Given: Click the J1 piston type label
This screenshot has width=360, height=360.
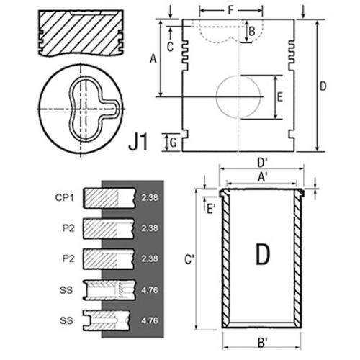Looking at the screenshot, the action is pos(138,142).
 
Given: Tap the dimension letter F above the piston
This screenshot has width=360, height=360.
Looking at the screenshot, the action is pos(230,10).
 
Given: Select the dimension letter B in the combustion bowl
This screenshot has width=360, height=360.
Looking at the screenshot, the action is pos(252,32).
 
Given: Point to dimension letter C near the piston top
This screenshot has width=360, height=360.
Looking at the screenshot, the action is pos(170,47).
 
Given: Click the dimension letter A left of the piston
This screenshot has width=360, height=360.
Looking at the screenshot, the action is pos(153,58).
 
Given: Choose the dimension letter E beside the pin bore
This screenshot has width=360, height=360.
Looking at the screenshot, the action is pos(280,97).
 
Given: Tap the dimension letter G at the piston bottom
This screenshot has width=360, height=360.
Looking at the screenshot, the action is pos(174,143).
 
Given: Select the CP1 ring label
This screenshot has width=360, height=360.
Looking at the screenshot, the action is pos(64,197).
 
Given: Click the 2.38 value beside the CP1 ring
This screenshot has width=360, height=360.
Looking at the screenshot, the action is pos(150,197).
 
